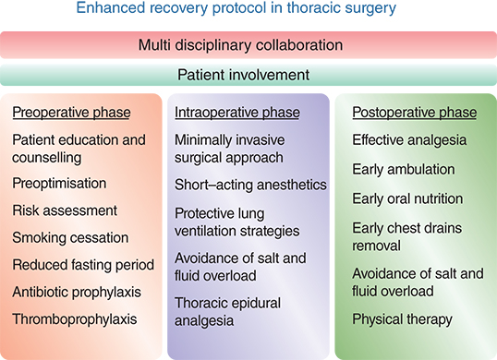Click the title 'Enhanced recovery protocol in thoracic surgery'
tap(248, 9)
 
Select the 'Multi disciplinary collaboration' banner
tap(248, 44)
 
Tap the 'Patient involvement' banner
tap(248, 75)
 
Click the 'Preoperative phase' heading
tap(71, 113)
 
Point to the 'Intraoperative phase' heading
tap(237, 113)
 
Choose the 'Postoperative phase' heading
tap(415, 113)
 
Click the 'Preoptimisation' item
tap(59, 183)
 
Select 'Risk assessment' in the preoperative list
tap(65, 210)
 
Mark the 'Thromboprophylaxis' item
tap(73, 319)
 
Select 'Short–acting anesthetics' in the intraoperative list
tap(251, 185)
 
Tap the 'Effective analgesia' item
tap(409, 140)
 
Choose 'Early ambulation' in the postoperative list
tap(403, 169)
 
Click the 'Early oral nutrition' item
tap(407, 198)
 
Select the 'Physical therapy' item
tap(402, 319)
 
